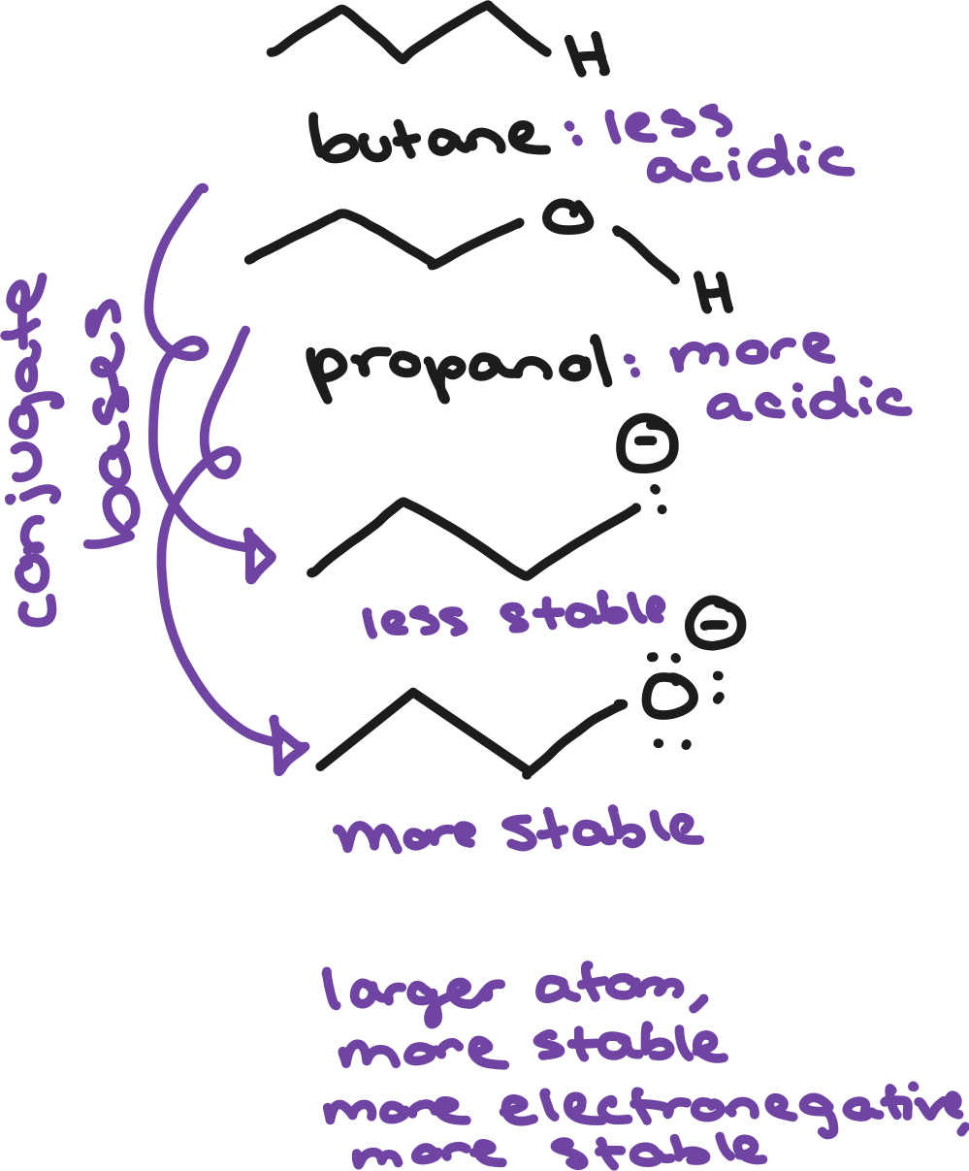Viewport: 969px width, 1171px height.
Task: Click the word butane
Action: coord(427,140)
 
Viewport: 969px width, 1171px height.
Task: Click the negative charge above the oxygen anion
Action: coord(716,626)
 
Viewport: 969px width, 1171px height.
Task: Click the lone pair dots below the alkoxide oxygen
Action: coord(671,744)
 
